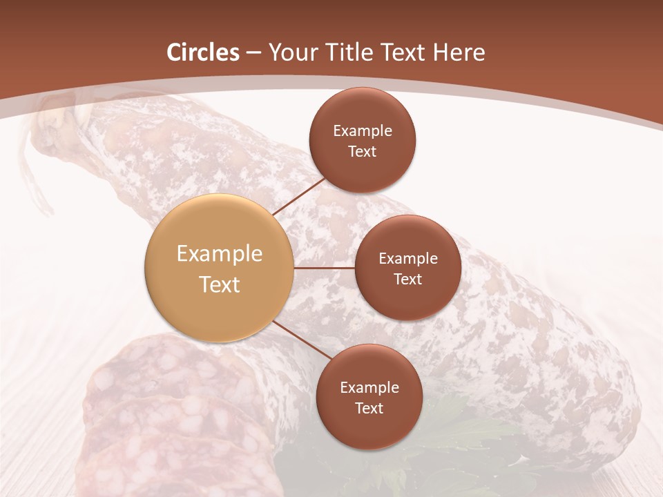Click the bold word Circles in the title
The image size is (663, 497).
203,52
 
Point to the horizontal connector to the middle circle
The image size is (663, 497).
325,268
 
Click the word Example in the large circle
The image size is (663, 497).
220,254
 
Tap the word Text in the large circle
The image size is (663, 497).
220,284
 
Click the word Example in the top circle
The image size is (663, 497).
363,131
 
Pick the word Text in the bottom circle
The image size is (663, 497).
369,409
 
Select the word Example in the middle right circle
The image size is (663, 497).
408,259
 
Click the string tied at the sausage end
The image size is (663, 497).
38,166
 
